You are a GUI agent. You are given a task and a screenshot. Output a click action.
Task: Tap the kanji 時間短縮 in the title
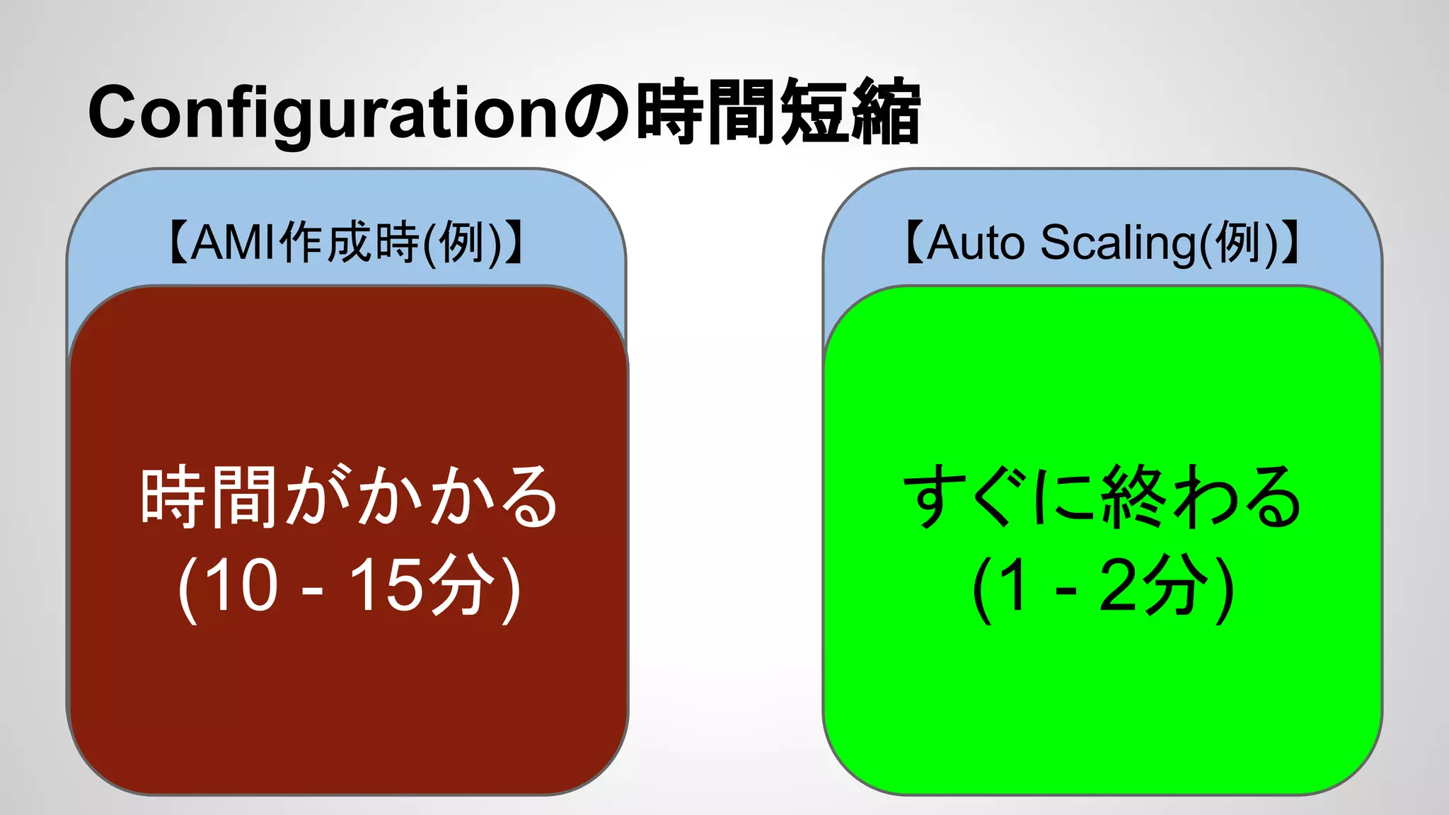pos(778,112)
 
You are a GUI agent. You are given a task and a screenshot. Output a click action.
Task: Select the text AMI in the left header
pos(233,243)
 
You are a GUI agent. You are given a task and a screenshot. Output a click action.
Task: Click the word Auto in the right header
pos(975,243)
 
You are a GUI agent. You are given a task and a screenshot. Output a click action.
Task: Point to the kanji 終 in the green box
pos(1133,497)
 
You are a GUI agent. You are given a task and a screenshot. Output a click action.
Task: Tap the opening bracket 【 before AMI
pos(177,243)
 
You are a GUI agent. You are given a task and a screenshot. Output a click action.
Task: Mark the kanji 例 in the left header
pos(461,243)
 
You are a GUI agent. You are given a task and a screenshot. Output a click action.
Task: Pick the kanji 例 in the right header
pos(1237,243)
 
